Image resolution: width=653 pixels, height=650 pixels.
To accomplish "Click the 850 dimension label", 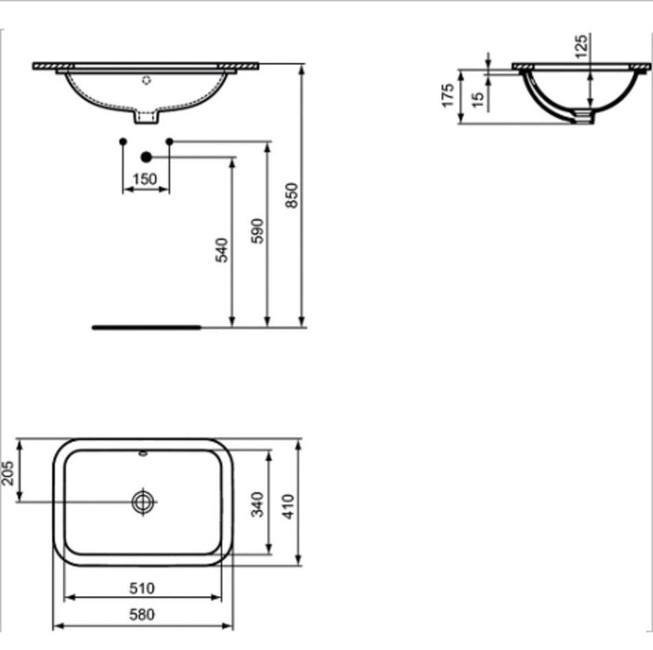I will [292, 194].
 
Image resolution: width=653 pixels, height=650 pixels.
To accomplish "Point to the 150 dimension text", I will [145, 179].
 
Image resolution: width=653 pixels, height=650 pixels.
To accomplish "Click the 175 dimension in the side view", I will [448, 96].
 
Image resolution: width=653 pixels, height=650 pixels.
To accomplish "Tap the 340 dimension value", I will [258, 503].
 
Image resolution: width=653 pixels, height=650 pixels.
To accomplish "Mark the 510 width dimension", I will [142, 588].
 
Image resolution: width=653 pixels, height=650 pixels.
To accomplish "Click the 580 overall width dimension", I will [142, 614].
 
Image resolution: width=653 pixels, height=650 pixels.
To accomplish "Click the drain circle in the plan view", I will [142, 501].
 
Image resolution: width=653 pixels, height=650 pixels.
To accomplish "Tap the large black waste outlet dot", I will [146, 158].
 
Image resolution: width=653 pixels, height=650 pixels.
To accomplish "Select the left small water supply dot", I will [123, 141].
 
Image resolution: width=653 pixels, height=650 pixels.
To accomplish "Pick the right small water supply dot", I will [169, 141].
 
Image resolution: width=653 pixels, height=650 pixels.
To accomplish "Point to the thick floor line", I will [146, 327].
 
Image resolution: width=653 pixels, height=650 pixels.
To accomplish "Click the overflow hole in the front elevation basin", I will [145, 80].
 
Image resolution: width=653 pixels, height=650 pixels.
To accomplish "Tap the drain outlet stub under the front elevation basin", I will [146, 118].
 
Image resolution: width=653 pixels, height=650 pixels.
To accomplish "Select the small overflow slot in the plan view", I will [142, 455].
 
